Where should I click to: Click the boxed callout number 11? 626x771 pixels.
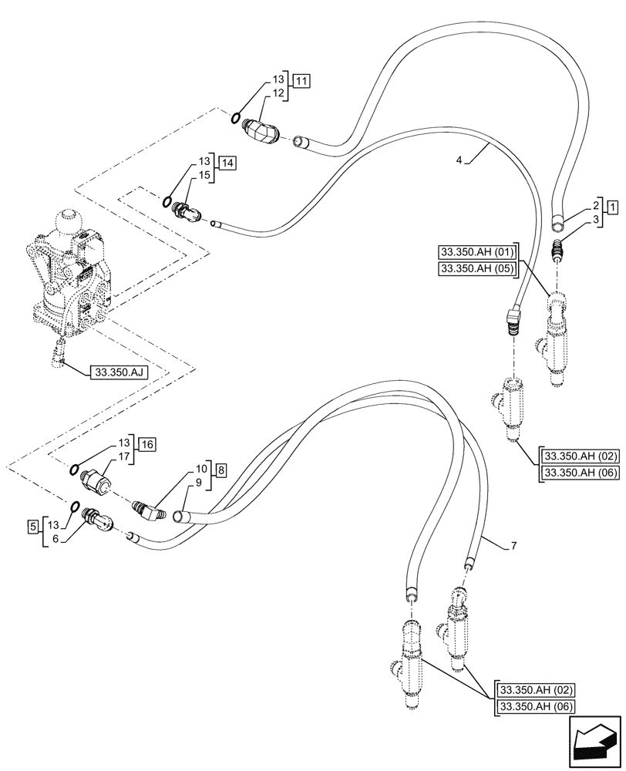(302, 80)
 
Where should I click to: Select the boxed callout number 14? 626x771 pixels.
(227, 163)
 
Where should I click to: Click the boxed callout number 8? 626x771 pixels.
(220, 469)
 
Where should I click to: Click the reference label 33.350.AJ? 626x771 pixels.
(119, 372)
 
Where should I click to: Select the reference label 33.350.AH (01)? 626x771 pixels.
(478, 251)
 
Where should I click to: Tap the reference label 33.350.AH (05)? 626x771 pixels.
(478, 268)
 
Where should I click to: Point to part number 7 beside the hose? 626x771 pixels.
(513, 546)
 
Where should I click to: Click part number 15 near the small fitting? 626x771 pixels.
(204, 176)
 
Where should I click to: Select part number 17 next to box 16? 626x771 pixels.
(123, 456)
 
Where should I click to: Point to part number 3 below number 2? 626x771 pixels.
(596, 221)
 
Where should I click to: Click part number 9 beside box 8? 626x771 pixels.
(198, 483)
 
